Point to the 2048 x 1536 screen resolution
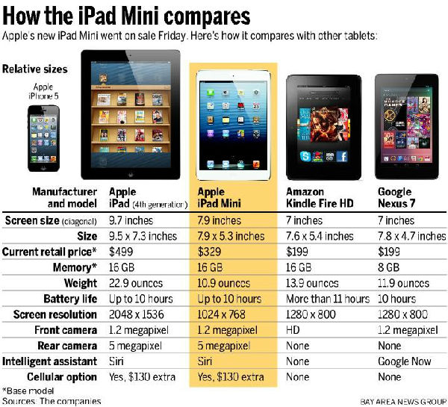(141, 314)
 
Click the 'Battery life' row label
(66, 299)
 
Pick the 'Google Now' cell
(403, 361)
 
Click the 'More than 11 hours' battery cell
(328, 299)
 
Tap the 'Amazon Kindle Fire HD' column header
(320, 197)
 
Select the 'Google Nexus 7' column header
(395, 197)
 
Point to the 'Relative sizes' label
(35, 69)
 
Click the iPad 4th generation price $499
(122, 252)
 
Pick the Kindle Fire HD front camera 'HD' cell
(294, 330)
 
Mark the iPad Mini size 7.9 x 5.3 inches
(231, 236)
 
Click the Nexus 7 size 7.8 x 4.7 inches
(408, 236)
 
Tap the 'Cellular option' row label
(62, 377)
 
